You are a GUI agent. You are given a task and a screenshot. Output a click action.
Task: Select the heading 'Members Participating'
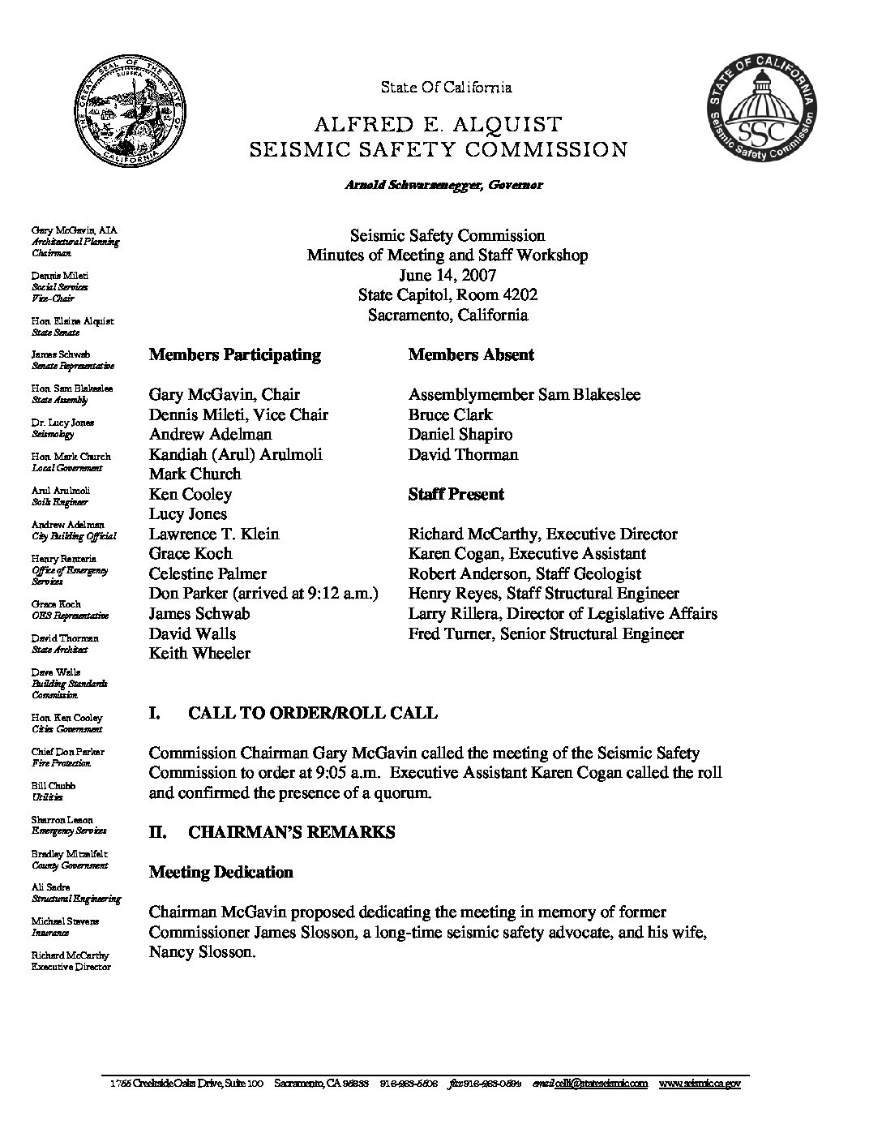234,354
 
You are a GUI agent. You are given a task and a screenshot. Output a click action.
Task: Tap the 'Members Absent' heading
471,354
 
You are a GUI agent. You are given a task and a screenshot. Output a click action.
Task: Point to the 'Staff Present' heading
456,494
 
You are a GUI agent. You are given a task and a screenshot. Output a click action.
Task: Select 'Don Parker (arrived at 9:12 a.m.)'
263,594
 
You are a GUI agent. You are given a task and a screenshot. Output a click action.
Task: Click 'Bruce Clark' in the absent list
450,414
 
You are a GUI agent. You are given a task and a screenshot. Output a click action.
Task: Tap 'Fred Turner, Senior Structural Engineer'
546,633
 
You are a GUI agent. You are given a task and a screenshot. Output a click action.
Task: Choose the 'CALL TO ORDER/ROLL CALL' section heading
312,713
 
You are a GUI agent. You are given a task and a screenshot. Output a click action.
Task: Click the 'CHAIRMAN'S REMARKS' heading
291,832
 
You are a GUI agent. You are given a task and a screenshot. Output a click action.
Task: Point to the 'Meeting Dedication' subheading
220,872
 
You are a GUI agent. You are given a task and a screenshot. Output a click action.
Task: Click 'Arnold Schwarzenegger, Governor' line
443,185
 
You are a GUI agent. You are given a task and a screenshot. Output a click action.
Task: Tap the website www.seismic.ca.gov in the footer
699,1084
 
